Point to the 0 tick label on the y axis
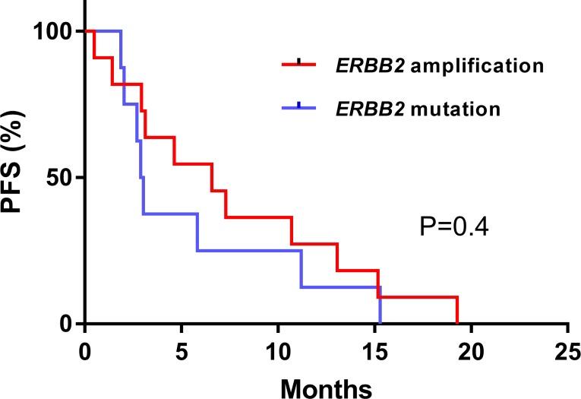click(x=68, y=325)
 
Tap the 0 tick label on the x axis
click(x=85, y=351)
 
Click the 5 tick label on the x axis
click(x=182, y=351)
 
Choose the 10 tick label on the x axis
click(x=278, y=351)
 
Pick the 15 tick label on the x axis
click(x=374, y=351)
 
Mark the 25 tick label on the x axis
click(x=567, y=351)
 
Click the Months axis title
click(x=327, y=387)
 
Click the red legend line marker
click(x=301, y=65)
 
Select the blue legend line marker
click(x=301, y=109)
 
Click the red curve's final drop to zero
click(x=457, y=310)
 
